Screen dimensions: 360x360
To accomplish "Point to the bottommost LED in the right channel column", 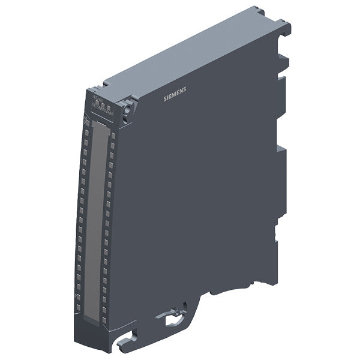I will [103, 318].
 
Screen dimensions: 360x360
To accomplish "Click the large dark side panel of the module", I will [198, 192].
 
